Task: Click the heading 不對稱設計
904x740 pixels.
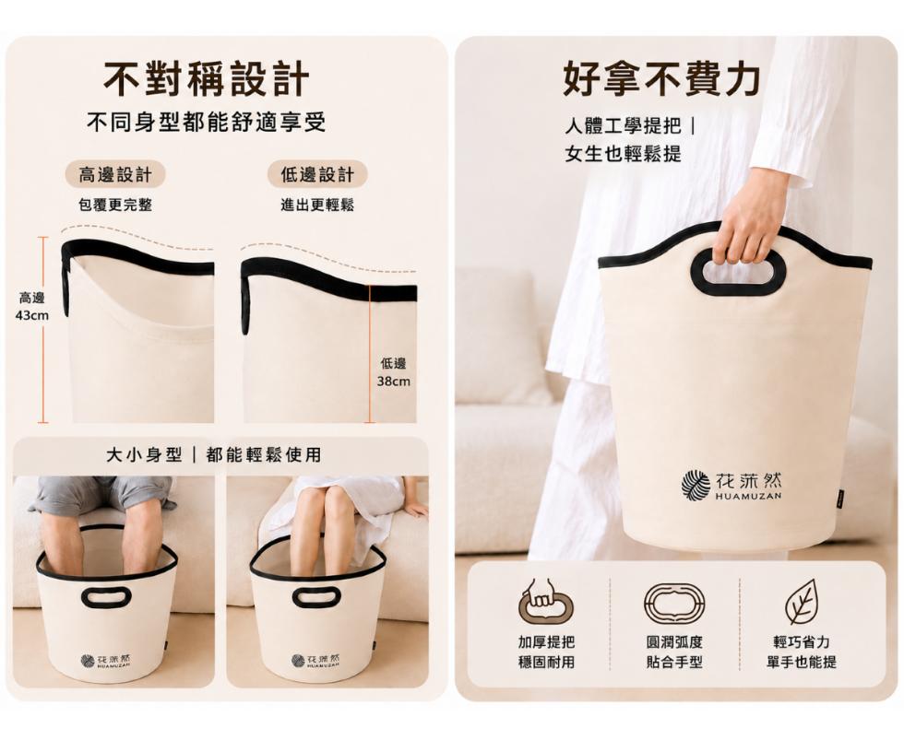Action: [206, 78]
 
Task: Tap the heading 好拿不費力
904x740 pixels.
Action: [661, 78]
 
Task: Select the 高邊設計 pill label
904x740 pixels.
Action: [115, 174]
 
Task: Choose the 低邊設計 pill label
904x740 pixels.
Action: [317, 174]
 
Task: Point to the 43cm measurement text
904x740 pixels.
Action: [32, 315]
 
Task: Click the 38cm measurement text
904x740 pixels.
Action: [394, 382]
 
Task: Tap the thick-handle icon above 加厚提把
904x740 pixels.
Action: [546, 603]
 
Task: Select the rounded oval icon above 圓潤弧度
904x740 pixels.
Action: [674, 603]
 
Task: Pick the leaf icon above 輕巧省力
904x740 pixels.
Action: [802, 602]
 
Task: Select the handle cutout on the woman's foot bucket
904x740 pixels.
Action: [317, 596]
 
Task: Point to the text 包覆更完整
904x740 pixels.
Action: [115, 205]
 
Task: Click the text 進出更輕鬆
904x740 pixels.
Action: [317, 205]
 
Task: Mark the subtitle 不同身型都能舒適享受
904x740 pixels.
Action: [207, 122]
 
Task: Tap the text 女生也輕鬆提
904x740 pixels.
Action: [624, 154]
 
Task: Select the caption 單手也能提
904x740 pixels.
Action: [802, 662]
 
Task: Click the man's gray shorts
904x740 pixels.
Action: [101, 494]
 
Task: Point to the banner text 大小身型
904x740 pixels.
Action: [145, 455]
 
